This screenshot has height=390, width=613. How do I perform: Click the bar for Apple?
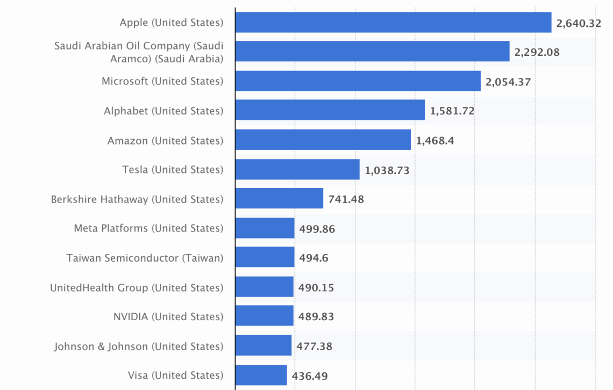pos(393,23)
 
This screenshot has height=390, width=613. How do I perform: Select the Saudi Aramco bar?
pos(372,52)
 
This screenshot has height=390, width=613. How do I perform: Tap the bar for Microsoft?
pos(358,81)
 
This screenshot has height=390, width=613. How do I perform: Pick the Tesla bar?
pos(297,170)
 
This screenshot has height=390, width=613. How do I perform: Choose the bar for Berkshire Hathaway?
pos(279,199)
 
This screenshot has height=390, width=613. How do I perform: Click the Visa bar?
pos(261,375)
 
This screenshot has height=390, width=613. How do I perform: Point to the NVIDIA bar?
pos(264,316)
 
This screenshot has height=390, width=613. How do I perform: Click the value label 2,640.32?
pos(579,23)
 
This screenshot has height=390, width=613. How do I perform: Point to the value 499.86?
pos(317,229)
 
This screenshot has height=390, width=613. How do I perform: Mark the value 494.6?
pos(313,258)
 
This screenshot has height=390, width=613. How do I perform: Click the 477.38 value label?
pos(315,346)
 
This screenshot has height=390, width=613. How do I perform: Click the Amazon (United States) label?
pos(165,141)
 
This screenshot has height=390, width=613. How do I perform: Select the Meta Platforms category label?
pos(148,228)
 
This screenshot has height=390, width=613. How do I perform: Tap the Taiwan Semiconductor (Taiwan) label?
pos(145,258)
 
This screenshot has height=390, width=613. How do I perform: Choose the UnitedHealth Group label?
pos(137,287)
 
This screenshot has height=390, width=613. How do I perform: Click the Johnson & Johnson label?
pos(138,346)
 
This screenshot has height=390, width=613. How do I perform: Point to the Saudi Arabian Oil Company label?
pos(139,52)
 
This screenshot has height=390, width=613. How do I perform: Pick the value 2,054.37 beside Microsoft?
pos(508,82)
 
